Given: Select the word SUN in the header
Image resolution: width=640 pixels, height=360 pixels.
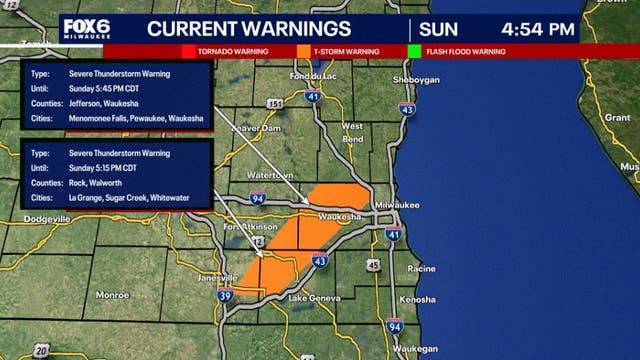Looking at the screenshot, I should point(439,29).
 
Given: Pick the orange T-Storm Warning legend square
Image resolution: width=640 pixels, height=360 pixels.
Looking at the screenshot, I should point(303,51).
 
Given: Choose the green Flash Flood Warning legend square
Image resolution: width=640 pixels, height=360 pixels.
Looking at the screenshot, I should point(414,51).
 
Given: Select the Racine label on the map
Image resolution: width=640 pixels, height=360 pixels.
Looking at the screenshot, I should point(422,269).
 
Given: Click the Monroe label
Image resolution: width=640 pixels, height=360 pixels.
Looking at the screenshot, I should point(112,295).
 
